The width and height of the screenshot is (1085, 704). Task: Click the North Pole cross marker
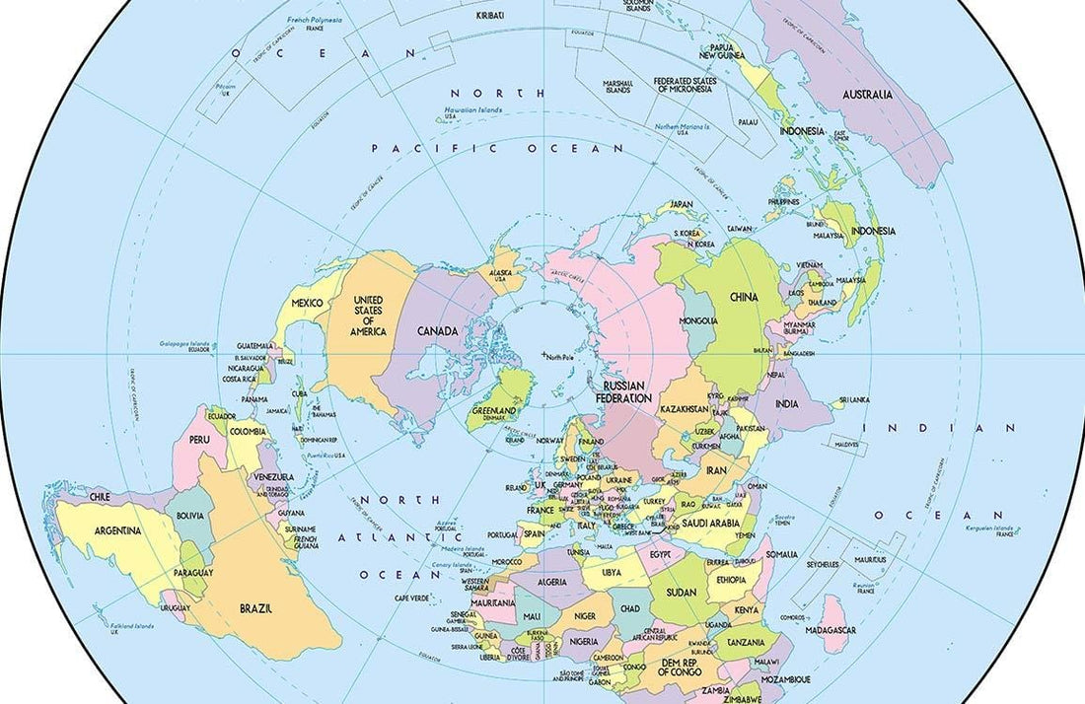coord(543,354)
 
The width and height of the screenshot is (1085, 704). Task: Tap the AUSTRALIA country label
coord(867,95)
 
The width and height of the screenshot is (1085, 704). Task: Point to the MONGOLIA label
coord(698,321)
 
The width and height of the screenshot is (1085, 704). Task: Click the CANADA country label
coord(437,331)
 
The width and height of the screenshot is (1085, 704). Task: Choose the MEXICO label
coord(307,303)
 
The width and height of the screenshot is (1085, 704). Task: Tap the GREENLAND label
coord(493,411)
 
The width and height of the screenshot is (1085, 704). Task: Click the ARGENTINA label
coord(117,530)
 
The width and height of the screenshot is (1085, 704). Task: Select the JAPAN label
coord(682,204)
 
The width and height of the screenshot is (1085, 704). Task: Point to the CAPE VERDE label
coord(412,598)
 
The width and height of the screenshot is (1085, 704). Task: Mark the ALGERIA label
coord(552,583)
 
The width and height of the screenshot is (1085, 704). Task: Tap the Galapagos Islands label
coord(184,344)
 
